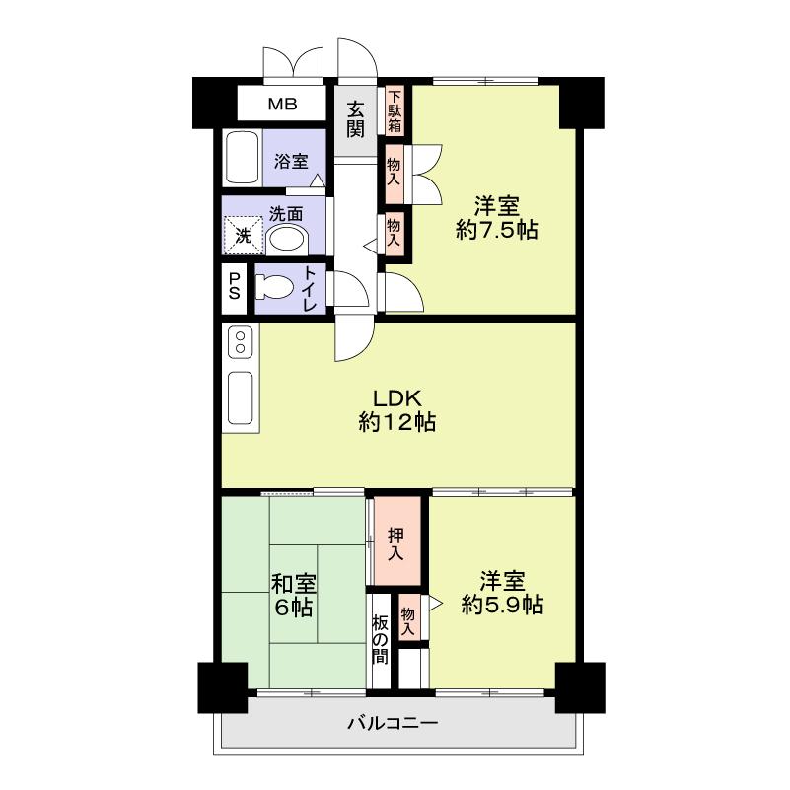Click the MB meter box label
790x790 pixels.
click(283, 104)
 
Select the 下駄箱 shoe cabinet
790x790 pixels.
click(395, 111)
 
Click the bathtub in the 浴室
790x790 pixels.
click(242, 158)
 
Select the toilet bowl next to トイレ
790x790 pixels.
click(275, 288)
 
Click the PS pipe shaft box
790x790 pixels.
click(235, 287)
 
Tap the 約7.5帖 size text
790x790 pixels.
click(496, 231)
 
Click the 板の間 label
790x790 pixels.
click(380, 638)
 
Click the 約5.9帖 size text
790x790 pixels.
click(502, 604)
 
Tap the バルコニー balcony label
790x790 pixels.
click(393, 724)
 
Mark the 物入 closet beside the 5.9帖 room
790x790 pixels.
click(408, 616)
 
